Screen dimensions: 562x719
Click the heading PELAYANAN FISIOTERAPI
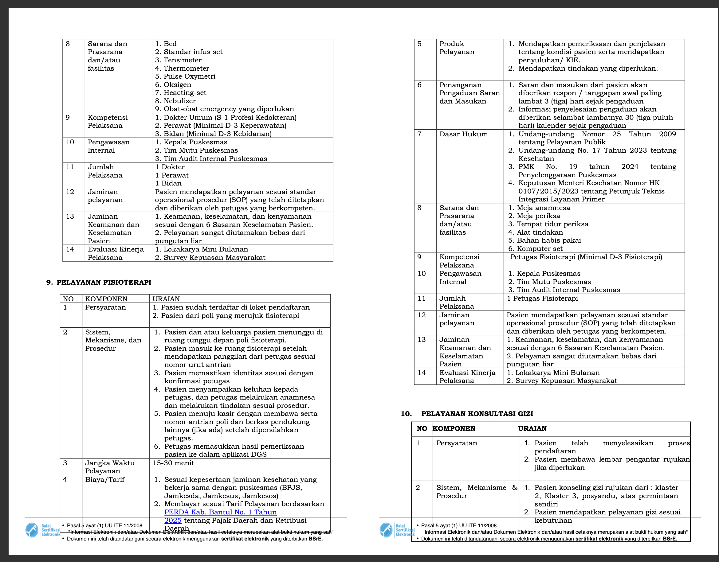tap(104, 282)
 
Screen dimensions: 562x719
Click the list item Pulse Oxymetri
tap(189, 76)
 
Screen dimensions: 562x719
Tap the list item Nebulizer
tap(179, 101)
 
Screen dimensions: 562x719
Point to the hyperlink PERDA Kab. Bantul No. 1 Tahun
tap(220, 512)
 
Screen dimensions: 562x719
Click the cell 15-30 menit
tap(173, 463)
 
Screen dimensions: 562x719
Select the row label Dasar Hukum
tap(463, 134)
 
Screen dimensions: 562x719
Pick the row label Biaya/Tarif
tap(105, 479)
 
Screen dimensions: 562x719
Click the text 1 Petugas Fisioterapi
tap(542, 299)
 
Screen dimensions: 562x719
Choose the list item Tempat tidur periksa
tap(552, 224)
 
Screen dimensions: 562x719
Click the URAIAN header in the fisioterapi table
tap(166, 299)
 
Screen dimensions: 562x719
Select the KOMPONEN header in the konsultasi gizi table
tap(454, 428)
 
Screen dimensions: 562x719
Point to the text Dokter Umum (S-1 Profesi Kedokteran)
tap(230, 117)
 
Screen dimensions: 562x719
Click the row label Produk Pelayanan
tap(457, 48)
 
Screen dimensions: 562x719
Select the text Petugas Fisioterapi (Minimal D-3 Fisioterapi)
tap(586, 257)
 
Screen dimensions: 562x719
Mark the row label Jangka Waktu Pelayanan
tap(110, 467)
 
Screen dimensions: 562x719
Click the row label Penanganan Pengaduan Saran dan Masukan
tap(469, 93)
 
